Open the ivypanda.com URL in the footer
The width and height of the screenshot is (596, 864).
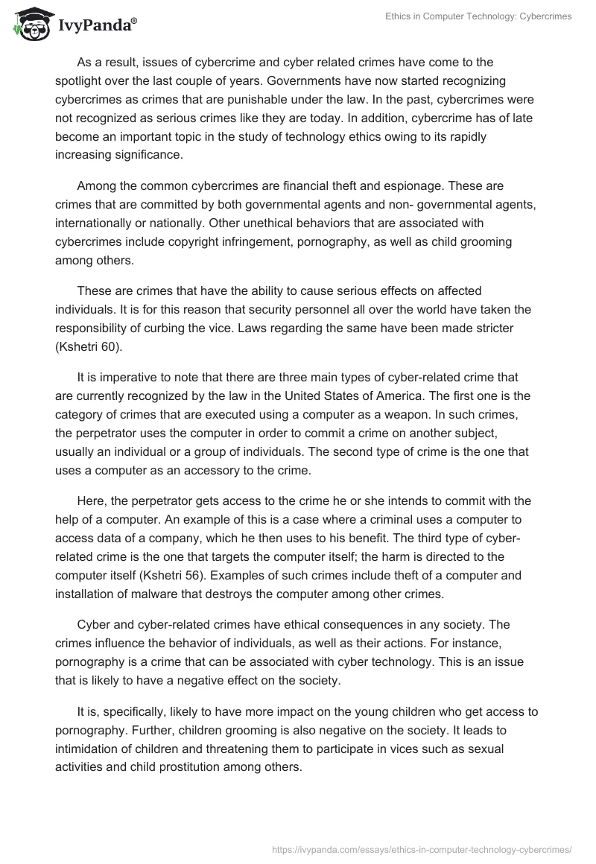click(x=422, y=848)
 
